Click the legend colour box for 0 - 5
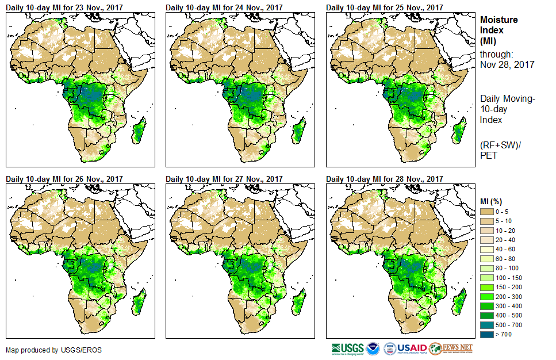pos(487,212)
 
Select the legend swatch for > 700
pos(487,334)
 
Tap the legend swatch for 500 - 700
pos(487,324)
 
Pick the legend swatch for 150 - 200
pos(487,287)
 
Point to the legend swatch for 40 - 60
pos(487,249)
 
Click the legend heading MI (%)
pos(491,200)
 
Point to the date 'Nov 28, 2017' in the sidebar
pos(507,65)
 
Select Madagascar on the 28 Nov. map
pos(458,302)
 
